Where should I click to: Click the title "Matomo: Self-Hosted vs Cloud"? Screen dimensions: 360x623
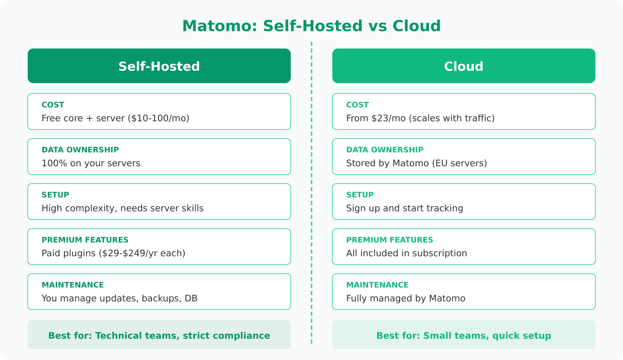point(311,26)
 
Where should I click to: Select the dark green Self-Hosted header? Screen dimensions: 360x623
point(159,66)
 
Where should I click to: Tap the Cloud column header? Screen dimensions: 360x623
point(463,66)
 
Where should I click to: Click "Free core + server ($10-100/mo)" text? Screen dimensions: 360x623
point(115,118)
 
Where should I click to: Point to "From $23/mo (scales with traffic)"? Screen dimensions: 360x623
point(420,118)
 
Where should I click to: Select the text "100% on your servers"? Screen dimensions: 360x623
point(91,163)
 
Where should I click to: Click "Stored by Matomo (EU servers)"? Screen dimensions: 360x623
point(416,163)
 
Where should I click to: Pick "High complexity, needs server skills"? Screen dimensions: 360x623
point(122,208)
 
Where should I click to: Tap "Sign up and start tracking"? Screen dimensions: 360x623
point(404,208)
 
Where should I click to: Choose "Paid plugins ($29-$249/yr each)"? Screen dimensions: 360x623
point(113,253)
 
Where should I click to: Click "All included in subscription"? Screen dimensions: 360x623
point(406,253)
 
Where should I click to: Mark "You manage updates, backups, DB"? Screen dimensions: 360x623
point(119,298)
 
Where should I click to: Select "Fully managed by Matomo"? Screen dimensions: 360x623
point(405,298)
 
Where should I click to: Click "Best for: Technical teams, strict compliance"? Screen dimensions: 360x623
point(159,336)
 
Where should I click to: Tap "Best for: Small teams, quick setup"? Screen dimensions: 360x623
point(463,336)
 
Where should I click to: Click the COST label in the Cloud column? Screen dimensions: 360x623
point(357,105)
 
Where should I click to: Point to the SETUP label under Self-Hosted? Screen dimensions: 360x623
point(55,195)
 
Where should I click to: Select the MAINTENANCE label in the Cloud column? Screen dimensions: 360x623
point(377,285)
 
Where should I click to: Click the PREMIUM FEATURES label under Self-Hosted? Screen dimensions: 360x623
point(85,240)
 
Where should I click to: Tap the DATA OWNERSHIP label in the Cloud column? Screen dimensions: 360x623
point(385,150)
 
